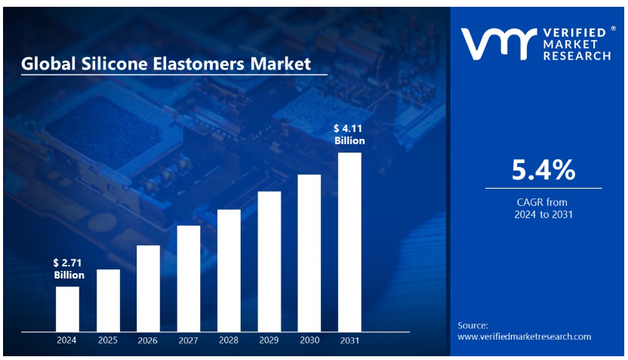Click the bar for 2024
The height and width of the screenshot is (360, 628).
[x=67, y=309]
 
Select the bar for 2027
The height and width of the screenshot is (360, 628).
[x=188, y=278]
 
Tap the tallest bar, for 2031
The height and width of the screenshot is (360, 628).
[x=349, y=242]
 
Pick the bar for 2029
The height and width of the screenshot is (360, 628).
[x=269, y=261]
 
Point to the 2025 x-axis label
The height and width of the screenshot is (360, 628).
[x=108, y=340]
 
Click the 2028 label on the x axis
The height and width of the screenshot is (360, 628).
[x=229, y=340]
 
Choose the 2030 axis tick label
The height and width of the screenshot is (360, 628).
[x=309, y=340]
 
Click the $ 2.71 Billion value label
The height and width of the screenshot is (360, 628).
[x=69, y=269]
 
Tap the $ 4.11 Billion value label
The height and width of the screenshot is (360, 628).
[x=349, y=134]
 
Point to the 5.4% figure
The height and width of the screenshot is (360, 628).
[x=543, y=170]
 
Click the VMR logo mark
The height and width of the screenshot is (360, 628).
[x=499, y=44]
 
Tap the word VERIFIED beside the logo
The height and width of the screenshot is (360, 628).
[x=574, y=32]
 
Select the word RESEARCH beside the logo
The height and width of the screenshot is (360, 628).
[x=577, y=56]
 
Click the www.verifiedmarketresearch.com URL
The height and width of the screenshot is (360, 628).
[x=525, y=337]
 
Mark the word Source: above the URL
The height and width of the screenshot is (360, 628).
[x=473, y=325]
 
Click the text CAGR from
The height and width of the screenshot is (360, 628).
[x=542, y=202]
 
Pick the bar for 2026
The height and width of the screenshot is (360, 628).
[x=148, y=289]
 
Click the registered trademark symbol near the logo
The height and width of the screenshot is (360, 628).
[x=613, y=29]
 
